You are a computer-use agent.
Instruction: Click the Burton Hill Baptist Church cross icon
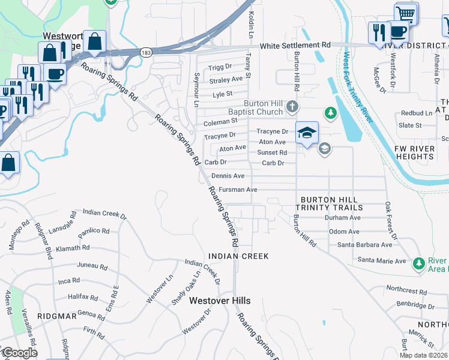(292, 107)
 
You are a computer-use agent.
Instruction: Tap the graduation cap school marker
(307, 133)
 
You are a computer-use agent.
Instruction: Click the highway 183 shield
(146, 53)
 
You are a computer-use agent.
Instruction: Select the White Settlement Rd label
(295, 45)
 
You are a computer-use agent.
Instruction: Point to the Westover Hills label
(220, 301)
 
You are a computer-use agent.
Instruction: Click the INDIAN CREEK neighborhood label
(238, 256)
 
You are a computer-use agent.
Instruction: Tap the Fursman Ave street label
(235, 190)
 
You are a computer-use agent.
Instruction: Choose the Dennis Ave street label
(228, 176)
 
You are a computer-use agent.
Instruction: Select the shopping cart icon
(406, 13)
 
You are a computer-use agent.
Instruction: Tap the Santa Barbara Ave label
(364, 245)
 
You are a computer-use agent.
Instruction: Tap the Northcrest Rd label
(406, 291)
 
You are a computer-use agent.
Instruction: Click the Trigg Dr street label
(220, 67)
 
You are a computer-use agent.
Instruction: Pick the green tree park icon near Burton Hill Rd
(330, 112)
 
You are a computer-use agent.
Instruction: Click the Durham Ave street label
(342, 218)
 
